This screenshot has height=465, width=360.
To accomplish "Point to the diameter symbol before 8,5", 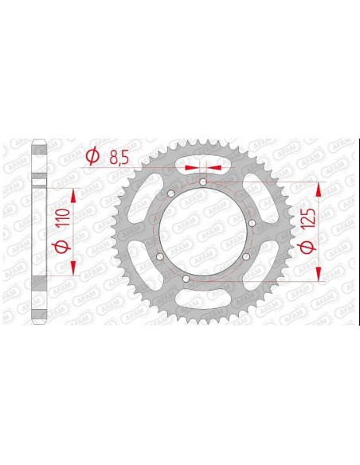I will tap(92, 157).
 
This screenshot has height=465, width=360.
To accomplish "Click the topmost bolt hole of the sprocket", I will tap(204, 182).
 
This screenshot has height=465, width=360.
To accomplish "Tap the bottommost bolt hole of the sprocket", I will tap(186, 279).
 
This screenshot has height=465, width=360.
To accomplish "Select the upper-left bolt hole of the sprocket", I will tap(170, 195).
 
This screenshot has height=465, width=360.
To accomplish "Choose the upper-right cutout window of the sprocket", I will tap(257, 199).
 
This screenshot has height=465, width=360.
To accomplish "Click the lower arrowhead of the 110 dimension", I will tap(73, 268).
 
